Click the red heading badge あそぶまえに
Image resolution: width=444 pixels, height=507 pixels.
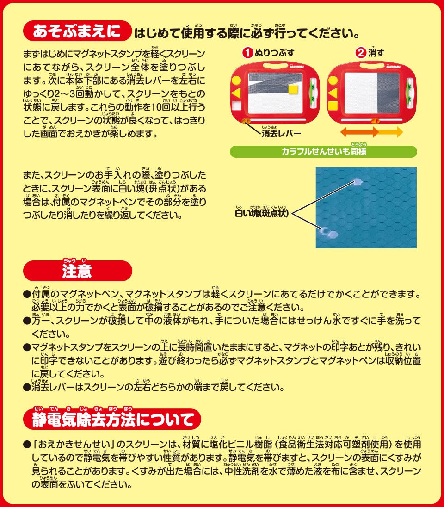tap(77, 31)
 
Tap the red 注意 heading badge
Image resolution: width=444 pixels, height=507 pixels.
tap(78, 271)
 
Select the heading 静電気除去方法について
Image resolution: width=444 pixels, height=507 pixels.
tap(112, 419)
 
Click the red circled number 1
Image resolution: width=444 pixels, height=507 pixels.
tap(248, 53)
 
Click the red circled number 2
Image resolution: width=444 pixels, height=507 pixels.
tap(361, 53)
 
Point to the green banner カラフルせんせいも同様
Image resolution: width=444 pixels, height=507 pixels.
tap(323, 152)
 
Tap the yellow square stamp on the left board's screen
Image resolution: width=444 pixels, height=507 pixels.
tap(293, 89)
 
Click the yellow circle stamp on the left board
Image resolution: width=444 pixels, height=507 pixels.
tap(236, 80)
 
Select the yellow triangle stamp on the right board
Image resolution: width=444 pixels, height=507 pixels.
tap(333, 93)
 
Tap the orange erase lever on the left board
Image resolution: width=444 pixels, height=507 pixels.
tap(246, 121)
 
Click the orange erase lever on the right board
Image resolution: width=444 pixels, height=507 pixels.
tap(376, 121)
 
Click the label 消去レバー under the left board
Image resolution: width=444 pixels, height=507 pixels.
tap(281, 133)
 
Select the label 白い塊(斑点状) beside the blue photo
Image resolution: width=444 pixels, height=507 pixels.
tap(262, 213)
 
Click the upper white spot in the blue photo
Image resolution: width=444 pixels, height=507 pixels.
tap(358, 181)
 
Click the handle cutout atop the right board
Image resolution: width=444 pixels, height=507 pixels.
tap(372, 66)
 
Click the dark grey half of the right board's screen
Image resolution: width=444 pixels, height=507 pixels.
tap(388, 93)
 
